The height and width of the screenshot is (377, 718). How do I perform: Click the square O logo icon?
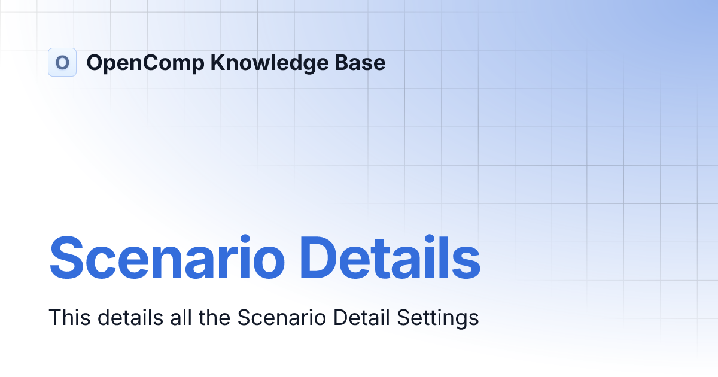(62, 62)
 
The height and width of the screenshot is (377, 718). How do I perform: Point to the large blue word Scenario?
(167, 258)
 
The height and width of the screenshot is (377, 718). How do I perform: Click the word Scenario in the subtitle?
(281, 318)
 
